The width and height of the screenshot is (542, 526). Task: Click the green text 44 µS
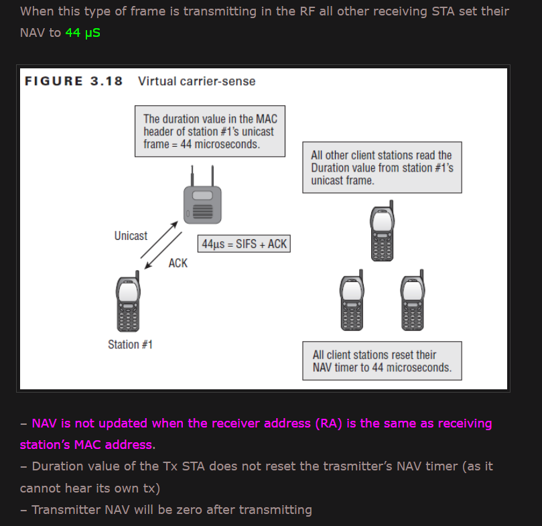coord(82,32)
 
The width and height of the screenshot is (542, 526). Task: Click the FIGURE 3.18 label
coord(74,81)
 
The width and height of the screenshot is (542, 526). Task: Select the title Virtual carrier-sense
coord(196,81)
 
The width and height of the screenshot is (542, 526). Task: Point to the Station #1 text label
coord(130,344)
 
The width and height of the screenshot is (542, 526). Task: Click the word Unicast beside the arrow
coord(131,235)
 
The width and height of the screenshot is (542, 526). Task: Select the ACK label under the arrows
coord(178,263)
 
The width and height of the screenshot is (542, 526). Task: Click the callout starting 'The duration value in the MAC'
coord(210,131)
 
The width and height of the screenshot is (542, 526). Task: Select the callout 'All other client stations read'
coord(381,168)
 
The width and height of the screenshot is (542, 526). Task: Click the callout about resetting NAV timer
coord(382,361)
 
